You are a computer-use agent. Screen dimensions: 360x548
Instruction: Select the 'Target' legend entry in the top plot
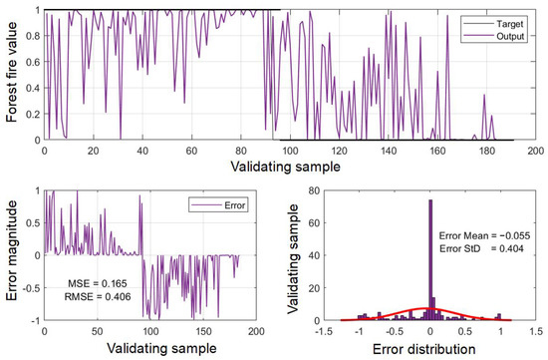point(510,21)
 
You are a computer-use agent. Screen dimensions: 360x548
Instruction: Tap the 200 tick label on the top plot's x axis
point(534,151)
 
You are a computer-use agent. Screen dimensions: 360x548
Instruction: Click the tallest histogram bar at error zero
point(430,259)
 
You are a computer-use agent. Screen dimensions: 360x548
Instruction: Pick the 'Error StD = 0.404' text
point(481,249)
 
